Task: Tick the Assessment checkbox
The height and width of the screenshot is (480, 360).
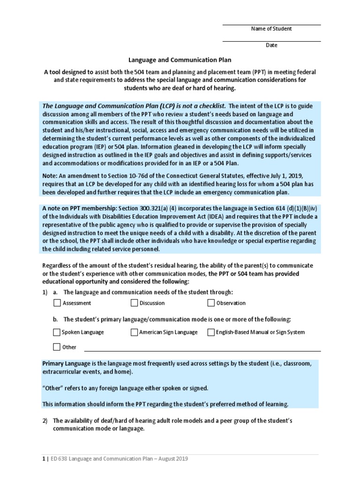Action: click(x=57, y=303)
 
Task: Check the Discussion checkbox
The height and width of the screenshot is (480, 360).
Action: click(x=135, y=303)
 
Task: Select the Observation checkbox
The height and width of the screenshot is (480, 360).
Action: click(x=211, y=303)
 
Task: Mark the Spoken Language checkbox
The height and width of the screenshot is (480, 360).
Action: click(x=57, y=332)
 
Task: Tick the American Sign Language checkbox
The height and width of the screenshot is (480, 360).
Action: click(x=135, y=332)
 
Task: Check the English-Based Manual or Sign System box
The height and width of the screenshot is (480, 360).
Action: click(x=211, y=332)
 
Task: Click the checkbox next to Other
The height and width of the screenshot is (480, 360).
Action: click(x=57, y=347)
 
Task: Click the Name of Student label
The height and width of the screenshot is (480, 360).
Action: click(x=271, y=29)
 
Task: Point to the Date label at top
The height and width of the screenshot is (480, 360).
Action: click(x=271, y=45)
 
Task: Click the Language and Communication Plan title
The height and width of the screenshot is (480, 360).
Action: click(x=180, y=60)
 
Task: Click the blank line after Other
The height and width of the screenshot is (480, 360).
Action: click(x=202, y=349)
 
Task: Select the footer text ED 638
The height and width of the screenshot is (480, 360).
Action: click(x=59, y=459)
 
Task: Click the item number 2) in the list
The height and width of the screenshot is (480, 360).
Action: click(x=45, y=421)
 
